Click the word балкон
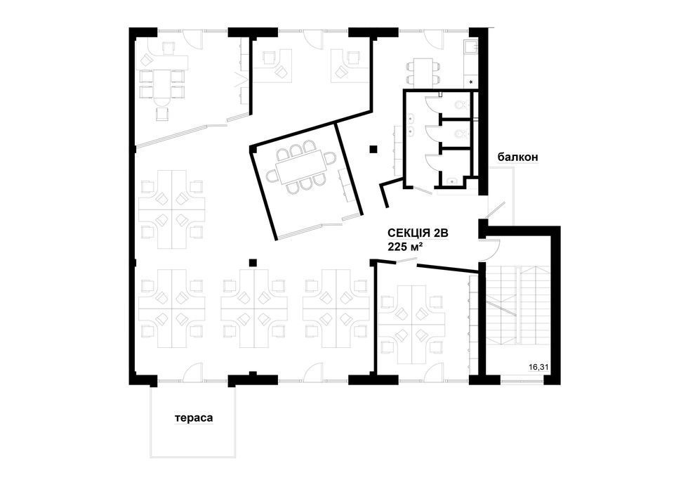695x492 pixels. coord(517,157)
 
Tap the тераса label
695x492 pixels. coord(194,418)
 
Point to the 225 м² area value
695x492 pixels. coord(404,247)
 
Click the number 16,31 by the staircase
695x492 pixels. coord(538,367)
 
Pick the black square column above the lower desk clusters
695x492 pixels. coord(253,263)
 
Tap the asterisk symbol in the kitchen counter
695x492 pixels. coord(471,82)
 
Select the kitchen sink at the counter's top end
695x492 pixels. coord(470,46)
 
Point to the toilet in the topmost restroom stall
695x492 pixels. coord(461,105)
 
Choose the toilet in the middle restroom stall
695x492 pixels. coord(461,134)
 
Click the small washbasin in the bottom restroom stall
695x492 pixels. coord(451,181)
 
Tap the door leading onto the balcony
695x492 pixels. coord(495,210)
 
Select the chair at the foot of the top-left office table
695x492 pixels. coord(163,112)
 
